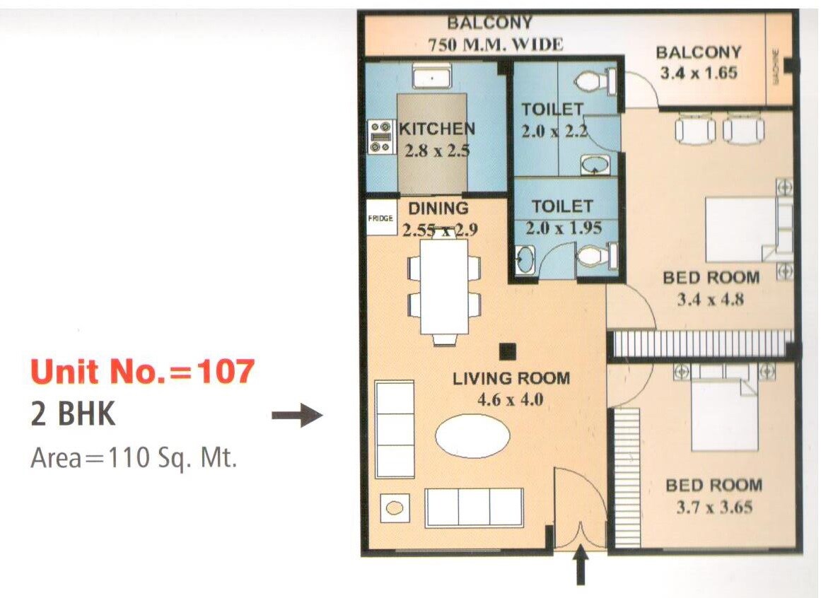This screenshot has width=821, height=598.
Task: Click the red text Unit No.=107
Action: (141, 372)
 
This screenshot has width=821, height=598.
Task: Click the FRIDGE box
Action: (380, 218)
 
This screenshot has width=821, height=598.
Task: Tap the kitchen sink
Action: (432, 77)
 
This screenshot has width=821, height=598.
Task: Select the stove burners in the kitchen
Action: (381, 136)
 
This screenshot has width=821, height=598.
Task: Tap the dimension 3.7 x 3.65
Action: (714, 507)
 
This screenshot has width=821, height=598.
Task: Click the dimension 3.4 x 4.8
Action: (711, 299)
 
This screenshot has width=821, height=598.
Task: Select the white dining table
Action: (444, 286)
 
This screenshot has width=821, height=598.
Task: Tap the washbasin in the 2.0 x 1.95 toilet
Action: (524, 259)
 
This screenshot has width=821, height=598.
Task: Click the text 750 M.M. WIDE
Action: (496, 45)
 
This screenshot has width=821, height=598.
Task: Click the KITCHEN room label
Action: (437, 129)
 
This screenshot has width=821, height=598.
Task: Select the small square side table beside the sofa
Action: (395, 508)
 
